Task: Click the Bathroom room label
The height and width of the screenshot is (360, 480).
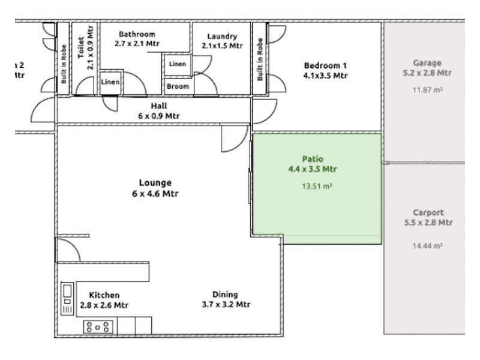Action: [137, 34]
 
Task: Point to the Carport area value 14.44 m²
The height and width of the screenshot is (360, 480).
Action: [428, 245]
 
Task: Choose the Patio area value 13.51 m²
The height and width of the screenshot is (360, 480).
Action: [316, 186]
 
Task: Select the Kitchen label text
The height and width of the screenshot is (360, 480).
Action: [104, 295]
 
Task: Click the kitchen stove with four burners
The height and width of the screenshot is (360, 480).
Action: [98, 326]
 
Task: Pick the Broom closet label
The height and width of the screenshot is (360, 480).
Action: [177, 86]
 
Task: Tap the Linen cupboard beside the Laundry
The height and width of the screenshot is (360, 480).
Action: [177, 64]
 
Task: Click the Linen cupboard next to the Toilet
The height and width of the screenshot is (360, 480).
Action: [110, 82]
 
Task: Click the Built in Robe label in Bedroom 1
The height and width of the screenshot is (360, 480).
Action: [259, 59]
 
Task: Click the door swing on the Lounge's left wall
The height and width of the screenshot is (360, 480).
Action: [67, 248]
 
